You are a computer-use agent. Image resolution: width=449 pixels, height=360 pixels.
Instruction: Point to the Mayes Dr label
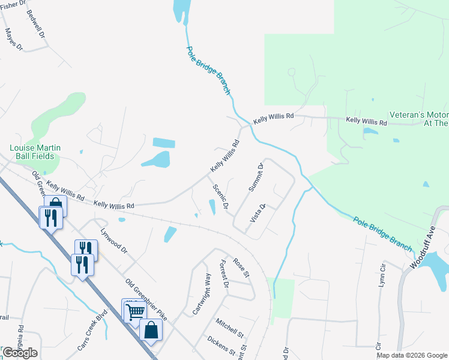[14, 38]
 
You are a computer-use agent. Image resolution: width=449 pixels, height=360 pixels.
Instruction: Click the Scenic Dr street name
[220, 197]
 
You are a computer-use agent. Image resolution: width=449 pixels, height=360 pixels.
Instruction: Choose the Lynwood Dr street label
[114, 240]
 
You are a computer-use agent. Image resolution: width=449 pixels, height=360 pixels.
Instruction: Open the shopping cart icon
[134, 311]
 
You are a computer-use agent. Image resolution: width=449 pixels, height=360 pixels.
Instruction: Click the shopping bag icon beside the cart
[151, 331]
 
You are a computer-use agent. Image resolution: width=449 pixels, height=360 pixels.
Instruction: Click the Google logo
[20, 353]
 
